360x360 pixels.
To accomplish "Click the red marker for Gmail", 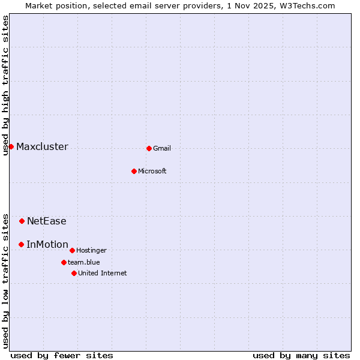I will (x=149, y=148).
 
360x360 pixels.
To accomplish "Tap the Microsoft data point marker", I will (x=134, y=171).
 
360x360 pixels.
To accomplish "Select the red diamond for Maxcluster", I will (x=11, y=146).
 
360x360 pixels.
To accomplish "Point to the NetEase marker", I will (x=22, y=221).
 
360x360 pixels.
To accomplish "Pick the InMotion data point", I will (x=21, y=244).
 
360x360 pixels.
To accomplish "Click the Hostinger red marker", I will (x=72, y=250).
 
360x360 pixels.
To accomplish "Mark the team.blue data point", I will (x=64, y=262).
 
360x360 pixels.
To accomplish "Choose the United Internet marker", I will (x=74, y=273).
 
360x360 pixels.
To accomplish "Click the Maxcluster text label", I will (x=42, y=147).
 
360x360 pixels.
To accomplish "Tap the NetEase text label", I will (x=47, y=221).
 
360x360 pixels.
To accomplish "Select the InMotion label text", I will (x=47, y=245).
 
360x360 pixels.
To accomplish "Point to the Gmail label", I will (x=162, y=149).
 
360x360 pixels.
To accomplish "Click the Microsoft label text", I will (x=152, y=172).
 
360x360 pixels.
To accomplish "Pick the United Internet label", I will (x=103, y=274).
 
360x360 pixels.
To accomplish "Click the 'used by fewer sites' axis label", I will (x=62, y=355).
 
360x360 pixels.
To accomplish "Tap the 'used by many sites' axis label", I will (x=301, y=355).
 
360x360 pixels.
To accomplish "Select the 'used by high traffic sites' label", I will (x=5, y=85).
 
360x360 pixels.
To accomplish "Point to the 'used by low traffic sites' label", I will (x=5, y=281).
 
